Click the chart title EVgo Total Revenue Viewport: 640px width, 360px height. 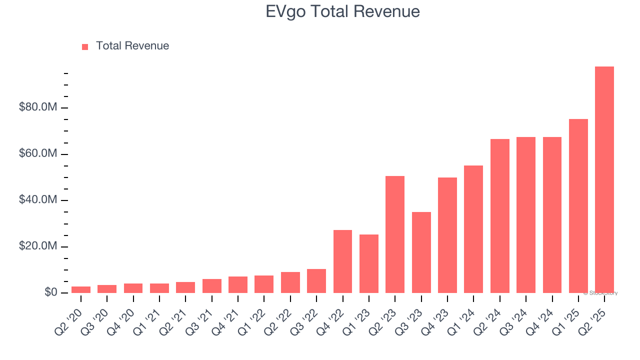[x=342, y=11]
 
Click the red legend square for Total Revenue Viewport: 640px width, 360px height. [x=85, y=46]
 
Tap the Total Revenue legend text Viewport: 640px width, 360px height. [x=132, y=46]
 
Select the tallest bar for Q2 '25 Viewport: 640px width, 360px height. [x=604, y=180]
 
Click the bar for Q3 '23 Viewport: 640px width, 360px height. [x=421, y=252]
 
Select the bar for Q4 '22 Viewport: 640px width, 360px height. [x=342, y=261]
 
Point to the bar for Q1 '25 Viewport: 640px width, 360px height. [x=578, y=206]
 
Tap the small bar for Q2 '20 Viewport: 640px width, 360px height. [x=81, y=289]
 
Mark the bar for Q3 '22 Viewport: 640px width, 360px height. [x=316, y=281]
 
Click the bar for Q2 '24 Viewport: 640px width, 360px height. [x=499, y=216]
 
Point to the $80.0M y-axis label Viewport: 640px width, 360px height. [x=37, y=107]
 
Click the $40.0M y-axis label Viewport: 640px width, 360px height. [x=37, y=200]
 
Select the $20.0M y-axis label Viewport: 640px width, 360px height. [x=37, y=246]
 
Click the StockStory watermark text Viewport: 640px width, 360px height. [x=601, y=293]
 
